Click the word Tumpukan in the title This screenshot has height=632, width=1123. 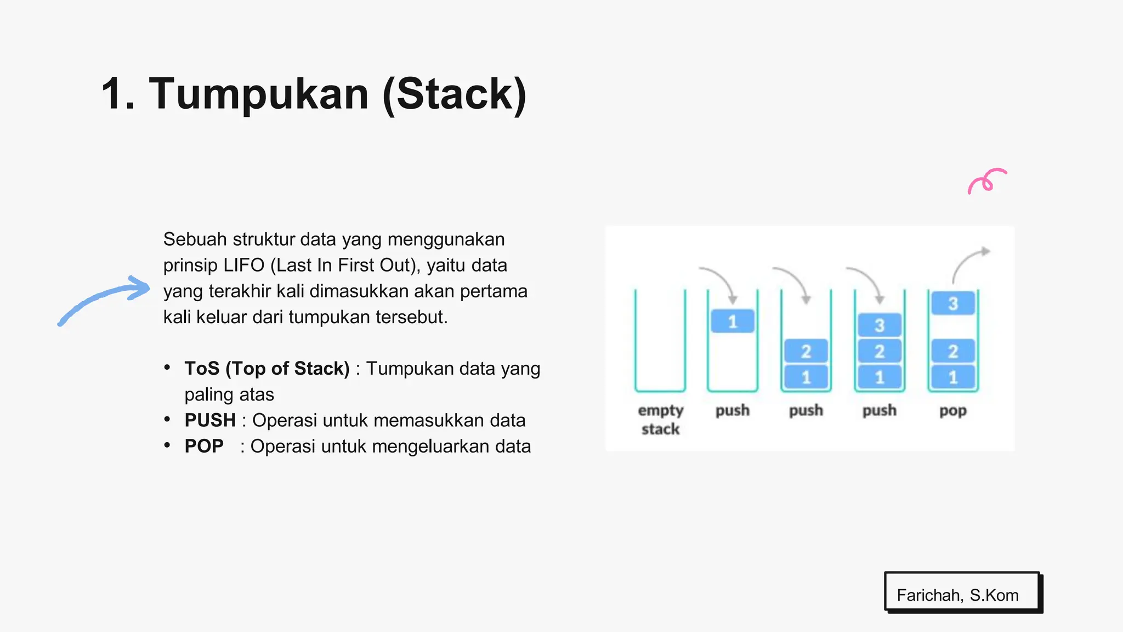pyautogui.click(x=258, y=94)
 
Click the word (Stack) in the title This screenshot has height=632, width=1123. pyautogui.click(x=455, y=94)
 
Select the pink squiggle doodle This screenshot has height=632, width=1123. pyautogui.click(x=986, y=181)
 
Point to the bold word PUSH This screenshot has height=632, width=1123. pyautogui.click(x=210, y=420)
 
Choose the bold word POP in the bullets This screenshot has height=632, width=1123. pyautogui.click(x=204, y=446)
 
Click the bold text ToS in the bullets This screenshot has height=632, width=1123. pyautogui.click(x=202, y=369)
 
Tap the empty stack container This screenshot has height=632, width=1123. pyautogui.click(x=660, y=340)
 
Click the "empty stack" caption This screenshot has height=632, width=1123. pyautogui.click(x=660, y=419)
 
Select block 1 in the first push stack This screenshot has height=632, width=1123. pyautogui.click(x=733, y=321)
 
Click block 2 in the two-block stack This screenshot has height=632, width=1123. pyautogui.click(x=806, y=351)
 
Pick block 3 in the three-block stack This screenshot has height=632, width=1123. pyautogui.click(x=880, y=325)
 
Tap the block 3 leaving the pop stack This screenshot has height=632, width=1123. pyautogui.click(x=953, y=303)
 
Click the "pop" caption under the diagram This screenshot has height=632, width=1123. pyautogui.click(x=953, y=410)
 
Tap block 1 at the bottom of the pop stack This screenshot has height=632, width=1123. pyautogui.click(x=953, y=377)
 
